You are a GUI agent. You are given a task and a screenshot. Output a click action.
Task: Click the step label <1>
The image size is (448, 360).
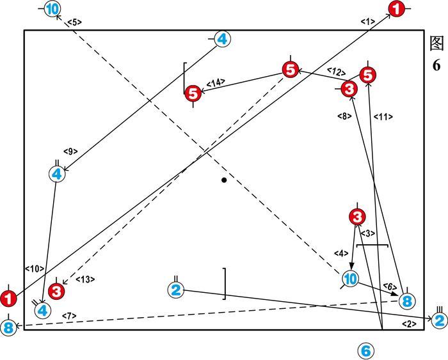coord(367,22)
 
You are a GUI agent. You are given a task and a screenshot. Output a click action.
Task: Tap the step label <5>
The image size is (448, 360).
coord(74,22)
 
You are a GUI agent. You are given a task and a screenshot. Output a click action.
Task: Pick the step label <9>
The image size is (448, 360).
coord(70,152)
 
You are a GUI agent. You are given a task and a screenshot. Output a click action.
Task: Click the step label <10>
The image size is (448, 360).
coord(34,269)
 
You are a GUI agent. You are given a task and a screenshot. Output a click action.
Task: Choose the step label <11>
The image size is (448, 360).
coord(383,117)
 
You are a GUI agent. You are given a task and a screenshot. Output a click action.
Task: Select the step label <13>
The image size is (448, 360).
coord(85,279)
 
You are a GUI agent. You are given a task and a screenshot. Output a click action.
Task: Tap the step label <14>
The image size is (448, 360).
coord(216,82)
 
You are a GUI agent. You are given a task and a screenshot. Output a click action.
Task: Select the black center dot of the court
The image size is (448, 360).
coord(224,180)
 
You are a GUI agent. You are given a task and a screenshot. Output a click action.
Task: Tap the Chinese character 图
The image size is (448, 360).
coord(436,43)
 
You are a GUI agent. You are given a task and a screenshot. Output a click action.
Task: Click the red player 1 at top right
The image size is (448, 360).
coord(397,9)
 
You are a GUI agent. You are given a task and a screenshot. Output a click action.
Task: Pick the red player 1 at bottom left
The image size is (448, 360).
coord(8,298)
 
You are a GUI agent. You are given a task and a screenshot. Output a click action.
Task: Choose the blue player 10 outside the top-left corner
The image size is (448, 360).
coord(53,9)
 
